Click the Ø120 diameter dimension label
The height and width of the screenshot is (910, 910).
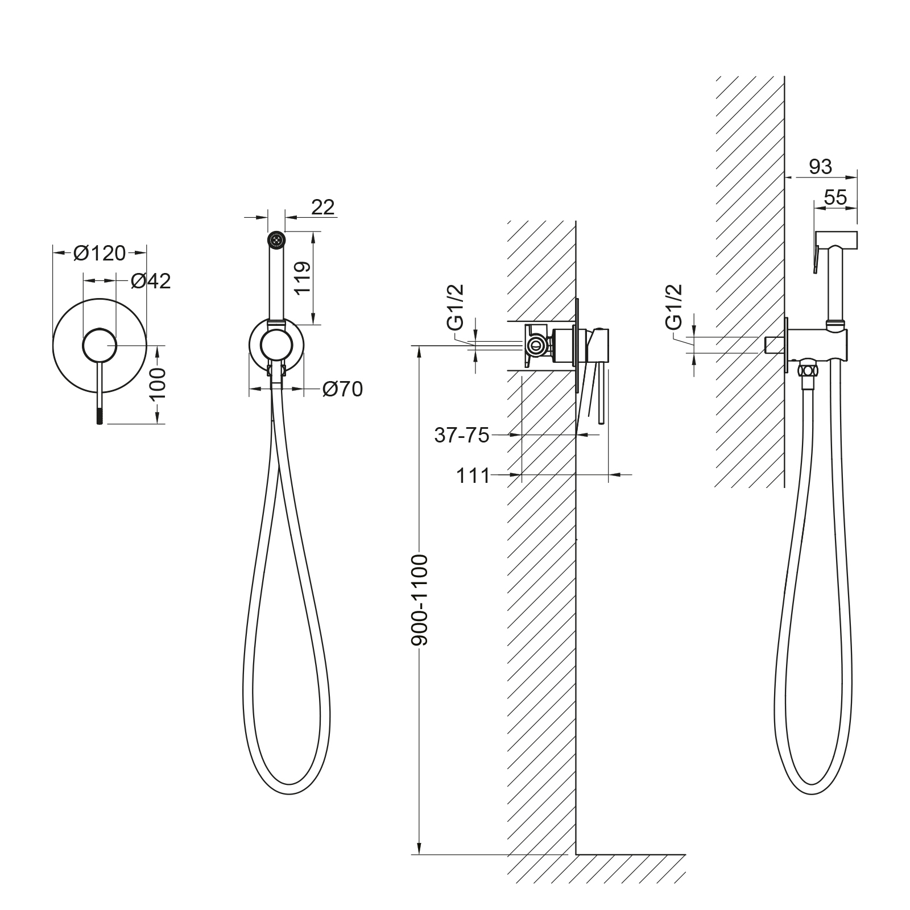tap(100, 253)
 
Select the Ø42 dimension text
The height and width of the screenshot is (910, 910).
tap(151, 280)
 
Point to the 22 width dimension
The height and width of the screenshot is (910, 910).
tap(323, 207)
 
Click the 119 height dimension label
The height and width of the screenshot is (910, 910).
tap(302, 277)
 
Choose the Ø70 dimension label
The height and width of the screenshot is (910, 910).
tap(342, 389)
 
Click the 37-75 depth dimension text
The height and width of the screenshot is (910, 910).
tap(462, 435)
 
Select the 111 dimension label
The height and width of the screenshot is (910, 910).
tap(473, 475)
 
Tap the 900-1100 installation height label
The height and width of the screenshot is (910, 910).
tap(420, 600)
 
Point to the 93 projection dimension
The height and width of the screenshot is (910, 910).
tap(820, 167)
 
